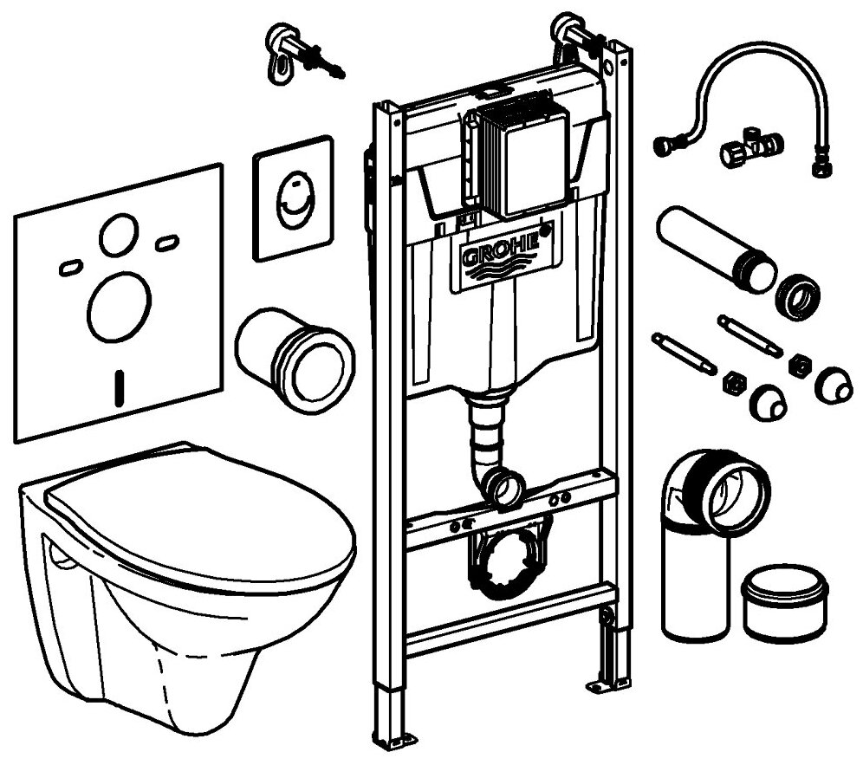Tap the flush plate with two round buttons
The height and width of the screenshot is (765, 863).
[x=293, y=197]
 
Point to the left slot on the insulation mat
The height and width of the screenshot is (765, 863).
[x=70, y=269]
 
